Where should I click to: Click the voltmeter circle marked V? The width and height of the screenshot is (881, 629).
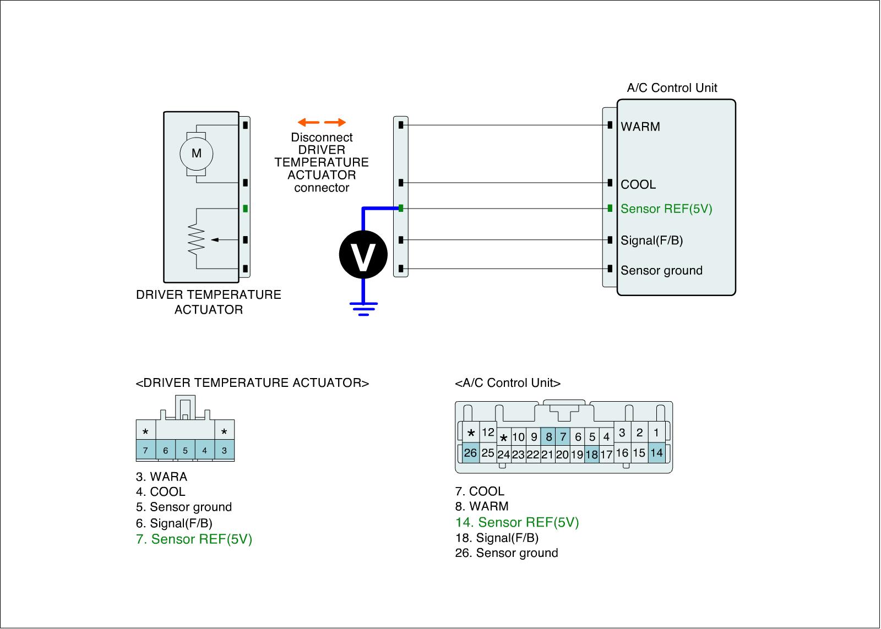click(x=363, y=254)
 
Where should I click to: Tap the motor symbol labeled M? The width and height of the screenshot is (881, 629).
click(x=196, y=154)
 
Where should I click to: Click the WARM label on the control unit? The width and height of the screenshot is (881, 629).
click(x=640, y=127)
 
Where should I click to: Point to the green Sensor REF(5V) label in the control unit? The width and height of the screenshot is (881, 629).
click(x=666, y=209)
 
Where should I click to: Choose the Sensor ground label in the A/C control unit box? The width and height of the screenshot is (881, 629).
click(x=661, y=271)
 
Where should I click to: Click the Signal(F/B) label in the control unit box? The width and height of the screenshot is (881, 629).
click(x=651, y=240)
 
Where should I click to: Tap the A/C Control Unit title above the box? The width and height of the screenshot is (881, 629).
click(x=672, y=87)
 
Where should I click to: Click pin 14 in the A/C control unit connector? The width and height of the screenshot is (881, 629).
click(x=656, y=453)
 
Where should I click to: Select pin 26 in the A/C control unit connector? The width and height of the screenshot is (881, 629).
click(x=470, y=453)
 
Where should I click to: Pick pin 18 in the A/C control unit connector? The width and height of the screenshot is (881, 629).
click(x=591, y=455)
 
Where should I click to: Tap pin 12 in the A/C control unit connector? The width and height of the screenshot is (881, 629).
click(x=488, y=433)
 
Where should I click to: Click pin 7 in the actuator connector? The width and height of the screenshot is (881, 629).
click(x=145, y=451)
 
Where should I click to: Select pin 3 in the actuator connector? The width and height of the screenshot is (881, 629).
click(x=224, y=451)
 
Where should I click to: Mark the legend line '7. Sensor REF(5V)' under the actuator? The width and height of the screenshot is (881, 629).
click(x=194, y=539)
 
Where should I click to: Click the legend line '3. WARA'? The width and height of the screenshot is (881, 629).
click(x=161, y=477)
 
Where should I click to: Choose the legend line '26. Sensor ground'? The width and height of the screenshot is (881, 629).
click(x=507, y=553)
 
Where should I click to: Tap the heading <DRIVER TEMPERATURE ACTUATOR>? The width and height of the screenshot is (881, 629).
click(x=252, y=383)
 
